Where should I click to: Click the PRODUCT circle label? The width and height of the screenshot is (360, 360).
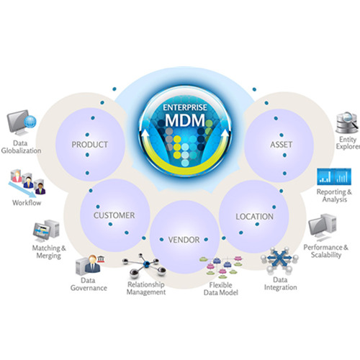pyautogui.click(x=90, y=145)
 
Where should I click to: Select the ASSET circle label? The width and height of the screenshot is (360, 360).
pyautogui.click(x=281, y=145)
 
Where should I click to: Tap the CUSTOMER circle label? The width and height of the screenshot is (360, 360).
pyautogui.click(x=114, y=215)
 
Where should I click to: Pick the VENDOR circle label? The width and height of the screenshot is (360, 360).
pyautogui.click(x=184, y=240)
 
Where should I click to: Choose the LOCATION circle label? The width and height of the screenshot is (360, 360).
pyautogui.click(x=254, y=217)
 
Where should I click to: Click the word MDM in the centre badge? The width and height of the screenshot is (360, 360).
pyautogui.click(x=185, y=120)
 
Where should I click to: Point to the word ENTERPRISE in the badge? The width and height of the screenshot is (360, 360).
pyautogui.click(x=185, y=107)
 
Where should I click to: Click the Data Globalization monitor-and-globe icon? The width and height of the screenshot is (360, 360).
pyautogui.click(x=22, y=122)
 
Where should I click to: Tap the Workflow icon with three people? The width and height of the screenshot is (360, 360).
pyautogui.click(x=27, y=182)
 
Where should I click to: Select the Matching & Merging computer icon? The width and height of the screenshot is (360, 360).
pyautogui.click(x=46, y=231)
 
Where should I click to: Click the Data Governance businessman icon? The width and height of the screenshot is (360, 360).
pyautogui.click(x=90, y=265)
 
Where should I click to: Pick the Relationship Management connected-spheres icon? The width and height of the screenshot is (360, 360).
pyautogui.click(x=144, y=266)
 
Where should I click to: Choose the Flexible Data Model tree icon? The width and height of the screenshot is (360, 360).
pyautogui.click(x=221, y=267)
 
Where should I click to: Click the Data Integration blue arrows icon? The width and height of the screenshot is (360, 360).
pyautogui.click(x=279, y=261)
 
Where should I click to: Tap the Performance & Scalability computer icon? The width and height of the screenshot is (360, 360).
pyautogui.click(x=323, y=228)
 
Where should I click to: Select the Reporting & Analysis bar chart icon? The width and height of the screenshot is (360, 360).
pyautogui.click(x=334, y=176)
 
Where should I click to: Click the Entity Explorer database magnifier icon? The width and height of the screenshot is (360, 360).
pyautogui.click(x=347, y=122)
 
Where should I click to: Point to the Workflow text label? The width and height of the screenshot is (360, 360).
pyautogui.click(x=27, y=202)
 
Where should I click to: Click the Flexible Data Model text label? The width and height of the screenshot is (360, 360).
pyautogui.click(x=221, y=289)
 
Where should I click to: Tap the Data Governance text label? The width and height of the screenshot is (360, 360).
pyautogui.click(x=89, y=284)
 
